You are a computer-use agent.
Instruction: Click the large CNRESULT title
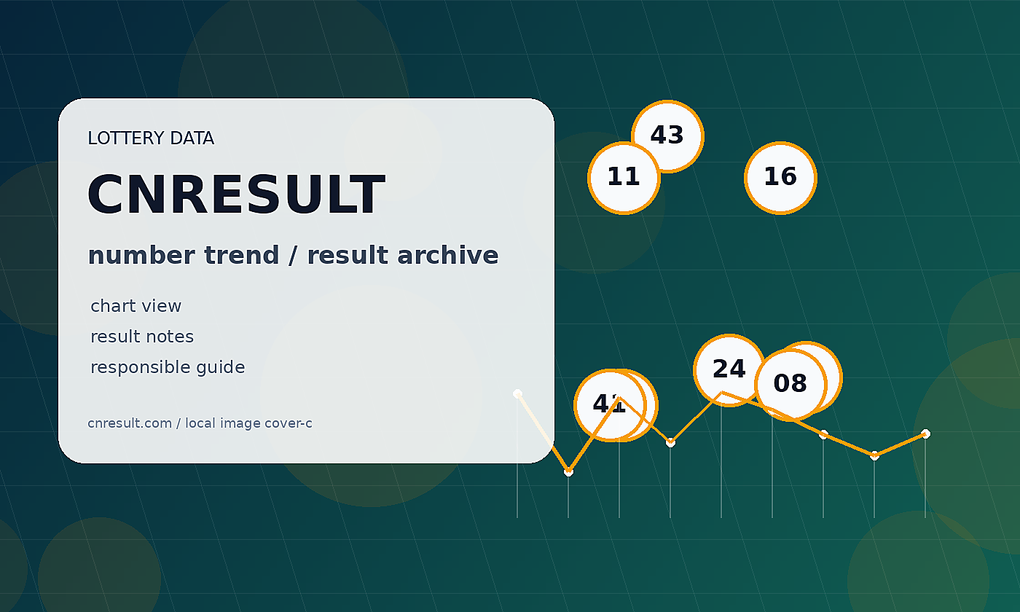click(236, 194)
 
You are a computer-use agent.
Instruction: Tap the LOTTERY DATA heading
click(151, 138)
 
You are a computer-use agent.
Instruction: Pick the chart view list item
click(136, 305)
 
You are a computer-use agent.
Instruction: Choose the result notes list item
click(142, 337)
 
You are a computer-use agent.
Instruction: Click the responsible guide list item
click(168, 367)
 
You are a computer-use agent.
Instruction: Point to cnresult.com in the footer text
click(130, 423)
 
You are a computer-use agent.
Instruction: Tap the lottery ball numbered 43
click(667, 136)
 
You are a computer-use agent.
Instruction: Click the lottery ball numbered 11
click(624, 178)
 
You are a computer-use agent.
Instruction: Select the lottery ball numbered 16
click(780, 178)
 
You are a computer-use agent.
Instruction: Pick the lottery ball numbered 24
click(729, 370)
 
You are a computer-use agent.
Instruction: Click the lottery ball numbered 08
click(790, 385)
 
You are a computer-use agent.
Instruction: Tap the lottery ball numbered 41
click(610, 405)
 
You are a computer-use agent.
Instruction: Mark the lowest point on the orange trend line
click(568, 472)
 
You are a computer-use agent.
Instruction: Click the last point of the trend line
click(925, 433)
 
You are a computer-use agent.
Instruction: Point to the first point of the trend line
click(517, 393)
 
